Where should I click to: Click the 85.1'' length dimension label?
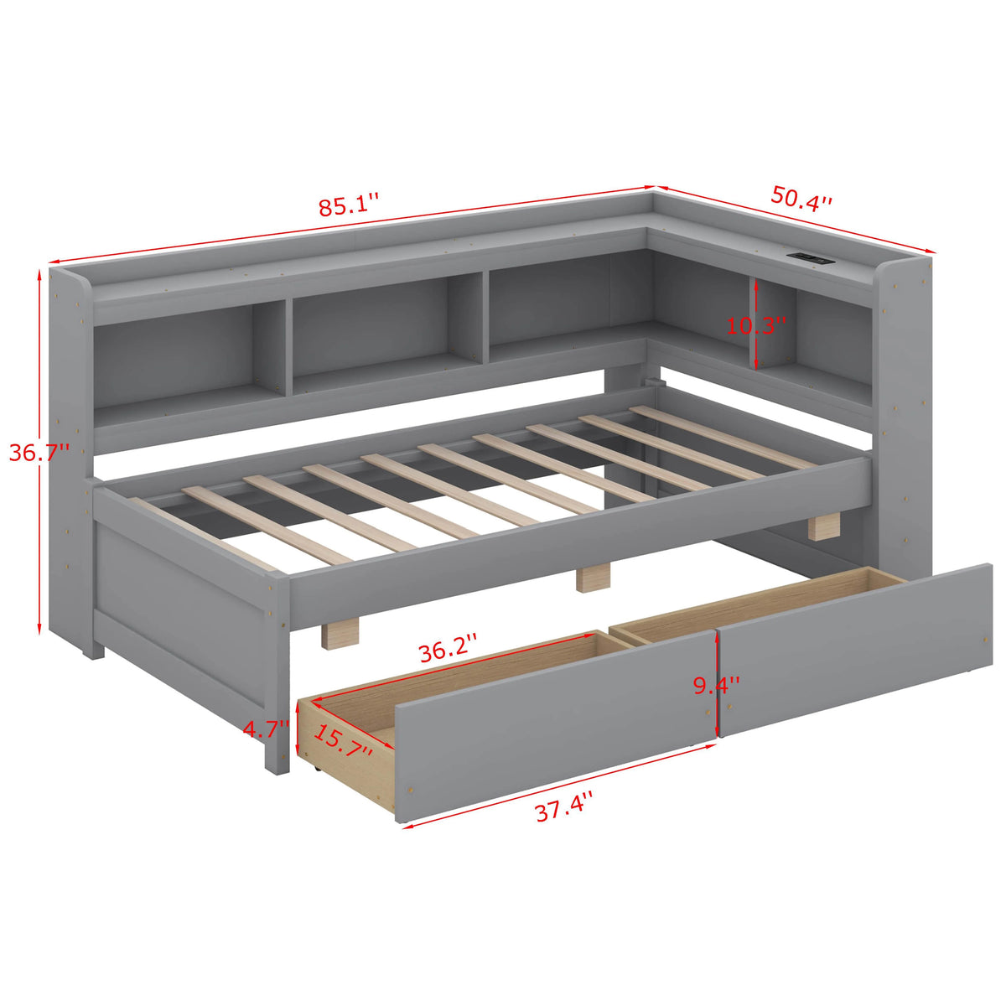[x=348, y=205]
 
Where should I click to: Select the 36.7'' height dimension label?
[x=39, y=452]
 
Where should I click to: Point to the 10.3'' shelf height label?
[x=757, y=326]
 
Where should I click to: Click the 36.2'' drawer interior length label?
[x=449, y=651]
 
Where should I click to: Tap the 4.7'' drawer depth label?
[x=267, y=729]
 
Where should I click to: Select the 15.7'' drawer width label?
[x=343, y=741]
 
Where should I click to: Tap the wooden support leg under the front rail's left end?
[x=340, y=635]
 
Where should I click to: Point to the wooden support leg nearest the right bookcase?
[x=825, y=526]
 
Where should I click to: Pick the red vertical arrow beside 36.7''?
[x=39, y=451]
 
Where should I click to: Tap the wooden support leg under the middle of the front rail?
[x=594, y=578]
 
